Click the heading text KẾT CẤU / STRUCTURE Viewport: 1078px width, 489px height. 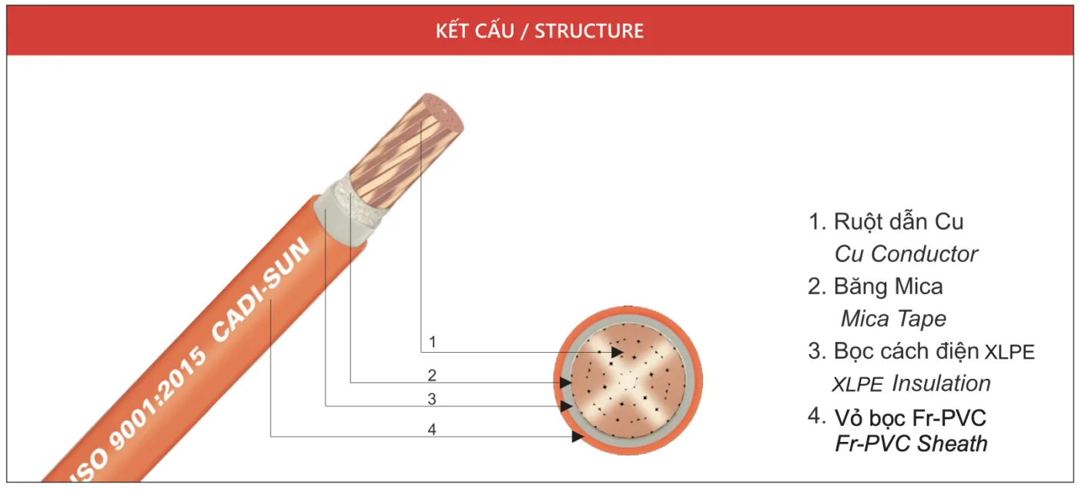(x=539, y=32)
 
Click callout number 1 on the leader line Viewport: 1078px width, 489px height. (x=433, y=341)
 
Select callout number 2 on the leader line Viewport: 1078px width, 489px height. (x=433, y=375)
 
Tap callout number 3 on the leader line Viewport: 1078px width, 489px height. (x=433, y=399)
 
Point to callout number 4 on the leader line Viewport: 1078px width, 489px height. (x=433, y=430)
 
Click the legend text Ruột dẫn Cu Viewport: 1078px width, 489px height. (x=898, y=222)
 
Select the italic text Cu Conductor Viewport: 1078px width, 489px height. (x=906, y=254)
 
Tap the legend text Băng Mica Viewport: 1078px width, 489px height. (x=888, y=286)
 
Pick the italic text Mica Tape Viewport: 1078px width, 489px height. (x=893, y=319)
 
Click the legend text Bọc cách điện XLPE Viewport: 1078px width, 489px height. (x=934, y=351)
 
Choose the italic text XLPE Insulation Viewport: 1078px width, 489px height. (x=912, y=383)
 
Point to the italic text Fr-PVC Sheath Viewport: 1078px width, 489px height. (x=911, y=444)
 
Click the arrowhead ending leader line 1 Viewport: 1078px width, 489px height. (x=617, y=352)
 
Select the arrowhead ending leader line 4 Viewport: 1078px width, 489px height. (x=577, y=437)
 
